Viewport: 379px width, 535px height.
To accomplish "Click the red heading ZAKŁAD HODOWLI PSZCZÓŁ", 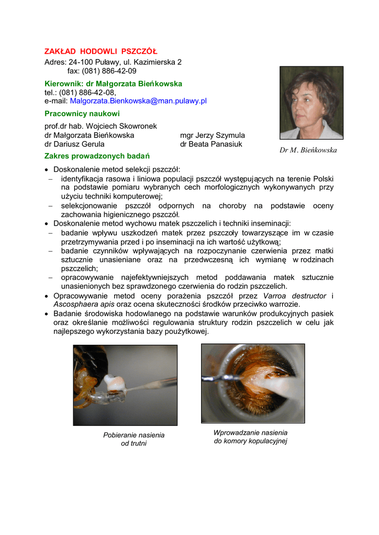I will pos(101,51).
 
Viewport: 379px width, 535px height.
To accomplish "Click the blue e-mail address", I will pos(138,101).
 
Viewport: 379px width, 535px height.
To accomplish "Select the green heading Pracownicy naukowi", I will pos(82,113).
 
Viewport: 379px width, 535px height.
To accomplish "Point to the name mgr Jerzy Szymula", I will pos(212,135).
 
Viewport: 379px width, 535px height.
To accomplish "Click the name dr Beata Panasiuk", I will pos(211,144).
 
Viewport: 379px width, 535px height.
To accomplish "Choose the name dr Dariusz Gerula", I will pos(74,144).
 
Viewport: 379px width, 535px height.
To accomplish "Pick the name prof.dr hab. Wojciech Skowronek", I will pos(101,126).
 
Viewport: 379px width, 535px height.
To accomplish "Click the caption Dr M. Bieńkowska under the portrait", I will pos(308,150).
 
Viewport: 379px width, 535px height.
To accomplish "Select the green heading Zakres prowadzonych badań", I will pos(97,156).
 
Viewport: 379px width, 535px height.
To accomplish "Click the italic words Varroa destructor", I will pos(294,296).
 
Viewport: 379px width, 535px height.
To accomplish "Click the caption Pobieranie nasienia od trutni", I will pos(133,439).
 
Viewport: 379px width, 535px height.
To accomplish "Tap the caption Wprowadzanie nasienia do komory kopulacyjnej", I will pos(250,437).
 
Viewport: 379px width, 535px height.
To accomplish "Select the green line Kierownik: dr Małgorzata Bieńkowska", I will pos(113,84).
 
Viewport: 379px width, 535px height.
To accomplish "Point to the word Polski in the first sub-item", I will pos(324,178).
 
